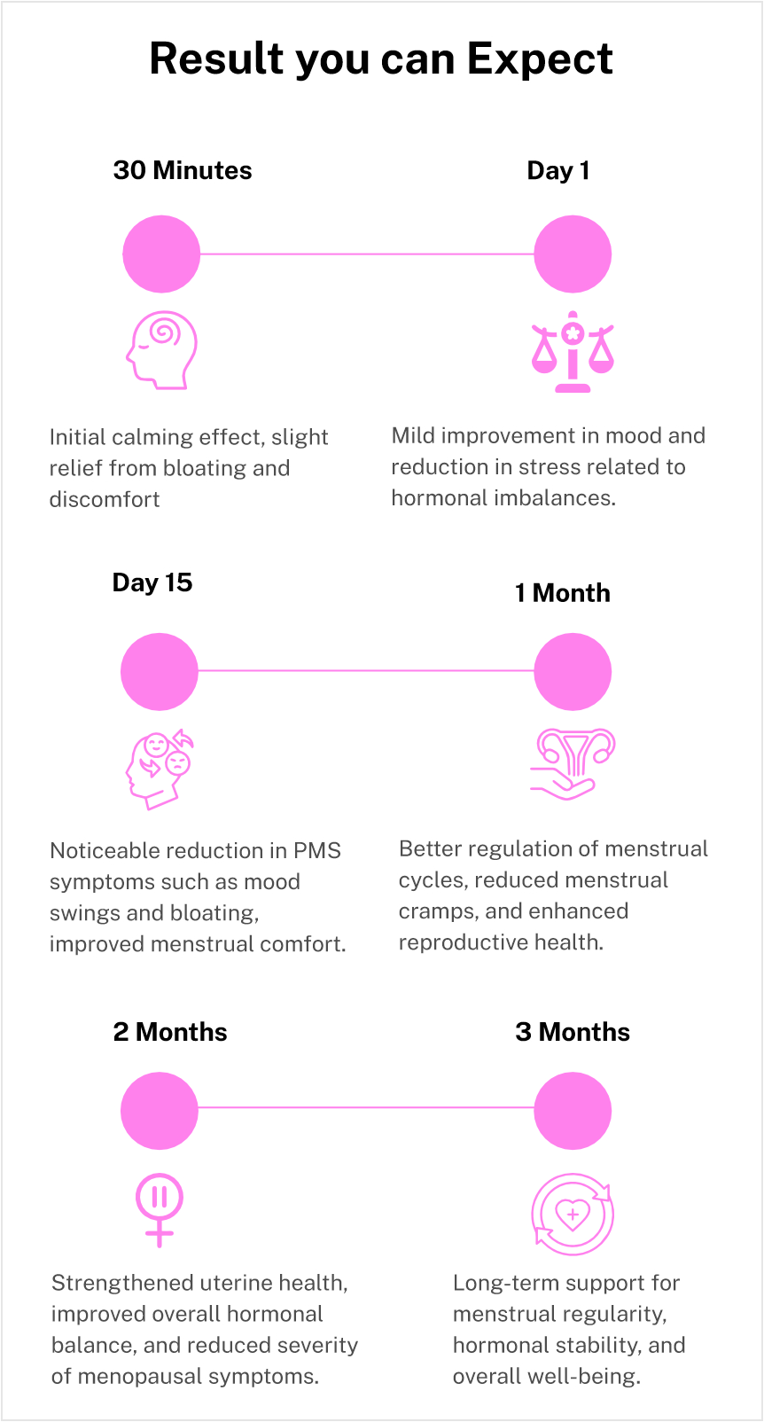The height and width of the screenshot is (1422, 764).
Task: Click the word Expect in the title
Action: click(x=540, y=60)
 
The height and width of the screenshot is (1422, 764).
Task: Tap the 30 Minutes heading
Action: click(x=183, y=170)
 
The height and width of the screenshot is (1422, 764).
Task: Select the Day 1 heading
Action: click(x=558, y=171)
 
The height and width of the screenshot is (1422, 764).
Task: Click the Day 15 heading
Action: click(x=152, y=582)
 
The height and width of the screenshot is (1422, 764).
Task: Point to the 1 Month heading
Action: click(x=563, y=593)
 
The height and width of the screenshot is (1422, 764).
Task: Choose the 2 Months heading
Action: click(x=170, y=1032)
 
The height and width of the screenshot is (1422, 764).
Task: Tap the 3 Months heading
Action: click(x=573, y=1032)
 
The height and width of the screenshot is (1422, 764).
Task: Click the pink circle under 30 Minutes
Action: click(x=161, y=254)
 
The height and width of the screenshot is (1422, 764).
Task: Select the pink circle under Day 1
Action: click(x=573, y=254)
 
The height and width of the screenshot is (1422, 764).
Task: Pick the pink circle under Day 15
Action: click(x=160, y=672)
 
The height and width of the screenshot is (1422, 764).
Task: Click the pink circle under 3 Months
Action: click(x=573, y=1111)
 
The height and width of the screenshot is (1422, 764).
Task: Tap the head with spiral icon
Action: click(x=161, y=350)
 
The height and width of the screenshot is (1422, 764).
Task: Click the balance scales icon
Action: click(x=573, y=352)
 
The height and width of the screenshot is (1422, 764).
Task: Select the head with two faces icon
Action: click(x=160, y=769)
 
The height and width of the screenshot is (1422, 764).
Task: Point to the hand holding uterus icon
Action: click(x=573, y=763)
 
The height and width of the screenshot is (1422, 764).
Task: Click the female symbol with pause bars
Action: click(x=160, y=1209)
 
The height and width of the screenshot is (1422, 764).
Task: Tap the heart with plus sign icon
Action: click(x=573, y=1214)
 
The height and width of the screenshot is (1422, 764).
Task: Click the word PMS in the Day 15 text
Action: click(x=316, y=851)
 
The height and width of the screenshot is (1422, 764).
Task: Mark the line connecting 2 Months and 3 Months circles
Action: click(x=366, y=1107)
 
